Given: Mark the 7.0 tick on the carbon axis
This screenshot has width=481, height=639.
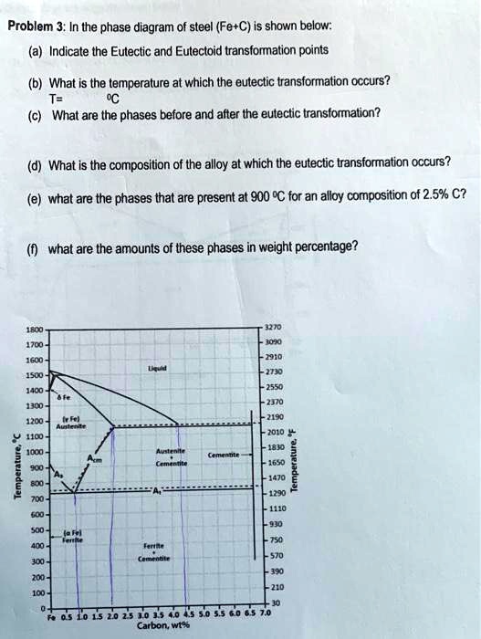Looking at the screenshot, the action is (x=266, y=615).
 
